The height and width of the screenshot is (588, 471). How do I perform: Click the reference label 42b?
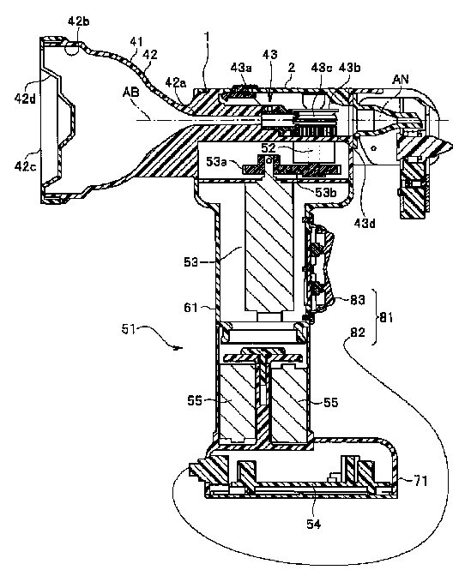(78, 21)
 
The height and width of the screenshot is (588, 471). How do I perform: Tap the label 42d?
(25, 99)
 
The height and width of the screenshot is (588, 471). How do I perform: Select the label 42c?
(26, 165)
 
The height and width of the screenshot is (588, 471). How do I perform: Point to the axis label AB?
(130, 93)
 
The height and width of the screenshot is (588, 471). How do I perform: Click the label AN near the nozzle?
(401, 80)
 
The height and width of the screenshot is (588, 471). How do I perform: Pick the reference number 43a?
(241, 68)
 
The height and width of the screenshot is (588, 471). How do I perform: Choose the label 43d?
(365, 224)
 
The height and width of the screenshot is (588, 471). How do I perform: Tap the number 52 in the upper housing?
(269, 148)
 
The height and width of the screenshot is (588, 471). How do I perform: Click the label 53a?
(216, 162)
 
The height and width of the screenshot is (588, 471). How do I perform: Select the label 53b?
(325, 192)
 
